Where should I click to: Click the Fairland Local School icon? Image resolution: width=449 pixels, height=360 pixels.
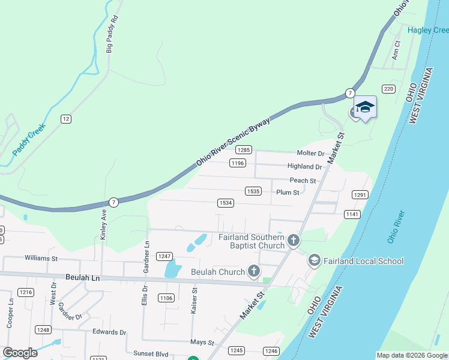tap(314, 260)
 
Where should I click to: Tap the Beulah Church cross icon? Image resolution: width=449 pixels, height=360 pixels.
tap(254, 272)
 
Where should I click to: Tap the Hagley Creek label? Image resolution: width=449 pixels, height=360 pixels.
tap(427, 30)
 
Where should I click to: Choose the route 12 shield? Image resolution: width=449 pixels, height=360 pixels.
tap(66, 119)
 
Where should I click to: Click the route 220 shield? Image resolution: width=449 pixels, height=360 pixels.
tap(388, 89)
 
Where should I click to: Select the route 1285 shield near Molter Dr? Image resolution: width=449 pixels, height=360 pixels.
tap(243, 150)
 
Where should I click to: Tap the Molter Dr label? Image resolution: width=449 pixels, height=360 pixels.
tap(310, 154)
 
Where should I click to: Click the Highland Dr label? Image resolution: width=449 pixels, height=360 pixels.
tap(305, 166)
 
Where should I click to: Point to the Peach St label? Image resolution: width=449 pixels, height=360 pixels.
tap(303, 180)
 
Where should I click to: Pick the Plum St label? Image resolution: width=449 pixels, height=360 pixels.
tap(288, 192)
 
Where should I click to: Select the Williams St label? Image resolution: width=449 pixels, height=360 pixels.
tap(41, 258)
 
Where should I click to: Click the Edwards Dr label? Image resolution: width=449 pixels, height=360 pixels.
tap(109, 332)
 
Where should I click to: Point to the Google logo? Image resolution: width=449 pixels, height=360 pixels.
tap(20, 352)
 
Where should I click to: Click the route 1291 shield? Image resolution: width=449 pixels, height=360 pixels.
tap(360, 195)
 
